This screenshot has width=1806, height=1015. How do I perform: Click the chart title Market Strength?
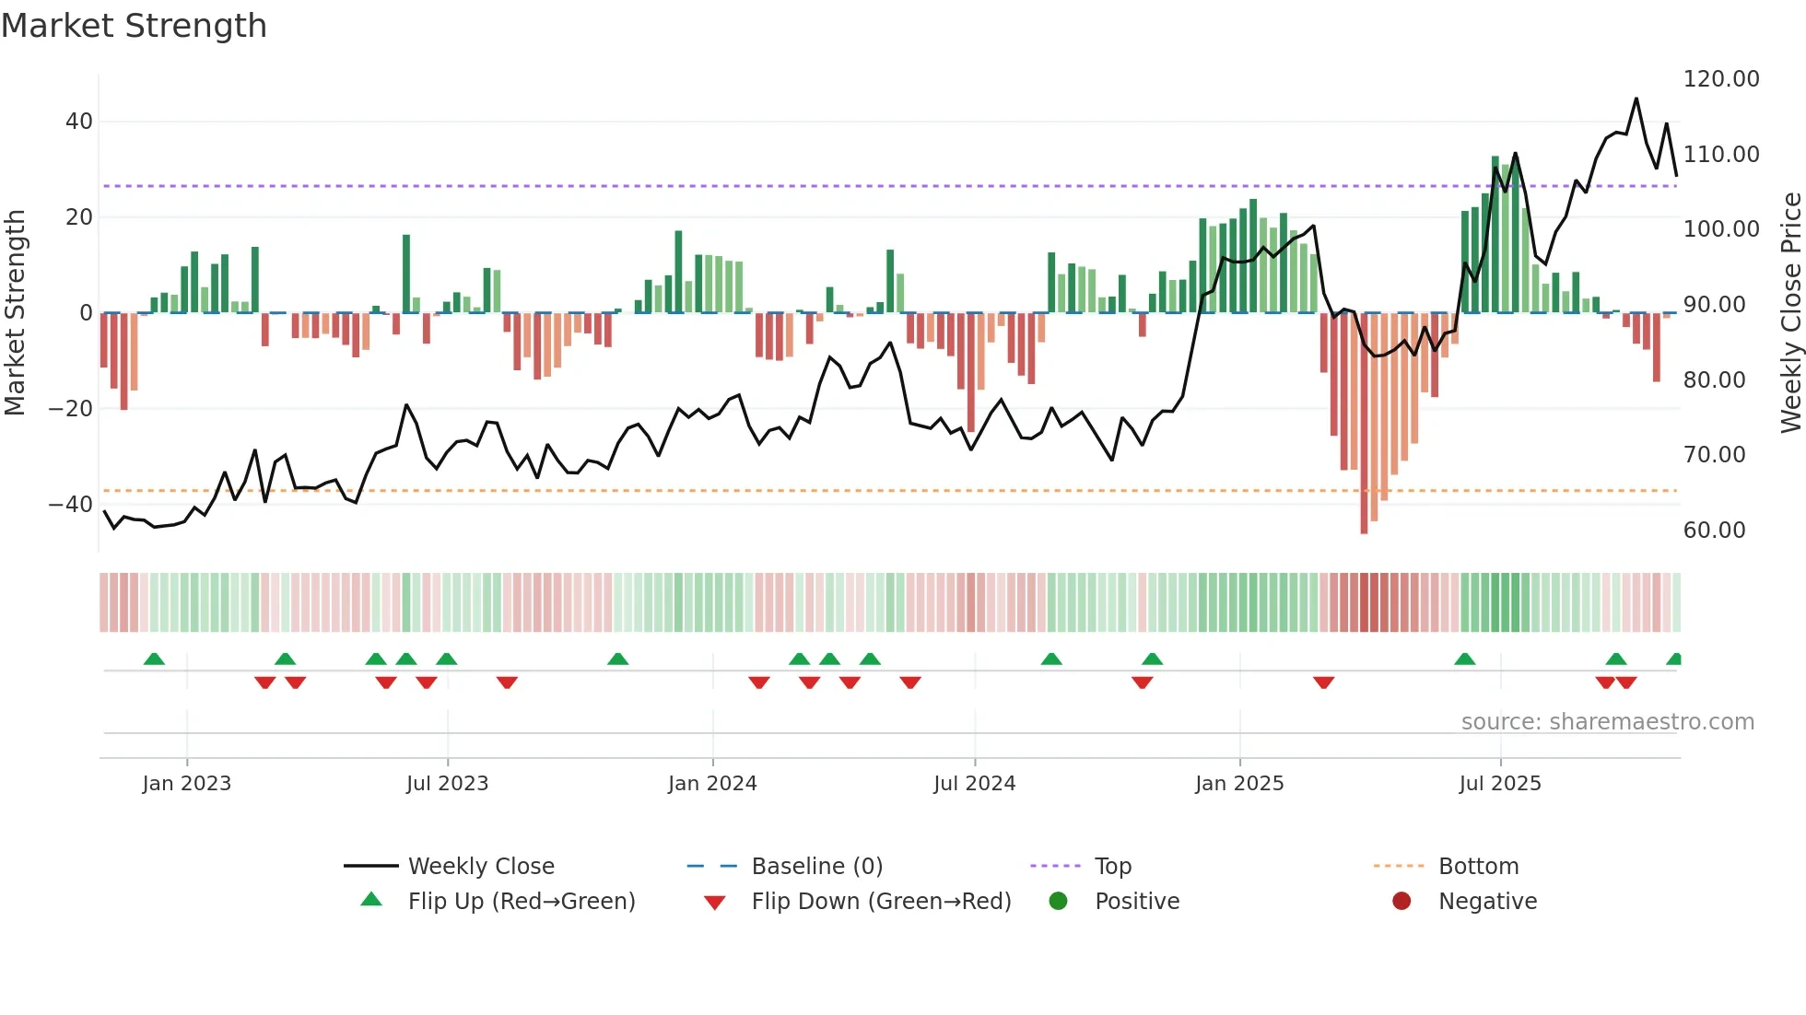point(134,26)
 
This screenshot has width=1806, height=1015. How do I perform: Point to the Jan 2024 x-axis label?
point(712,784)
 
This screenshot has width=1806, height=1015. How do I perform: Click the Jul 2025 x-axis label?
point(1500,784)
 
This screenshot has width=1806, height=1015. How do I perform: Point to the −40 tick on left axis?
point(71,505)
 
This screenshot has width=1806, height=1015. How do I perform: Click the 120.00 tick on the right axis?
point(1720,79)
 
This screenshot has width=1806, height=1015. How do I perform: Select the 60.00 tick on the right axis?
point(1714,531)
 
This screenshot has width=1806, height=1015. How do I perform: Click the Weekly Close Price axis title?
point(1790,313)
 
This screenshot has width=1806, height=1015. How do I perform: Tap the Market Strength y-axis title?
point(15,313)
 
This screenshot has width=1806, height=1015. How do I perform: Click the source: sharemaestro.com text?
point(1607,722)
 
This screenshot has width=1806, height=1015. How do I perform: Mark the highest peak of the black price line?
point(1636,99)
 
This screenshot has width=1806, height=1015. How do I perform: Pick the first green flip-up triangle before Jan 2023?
point(154,659)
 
